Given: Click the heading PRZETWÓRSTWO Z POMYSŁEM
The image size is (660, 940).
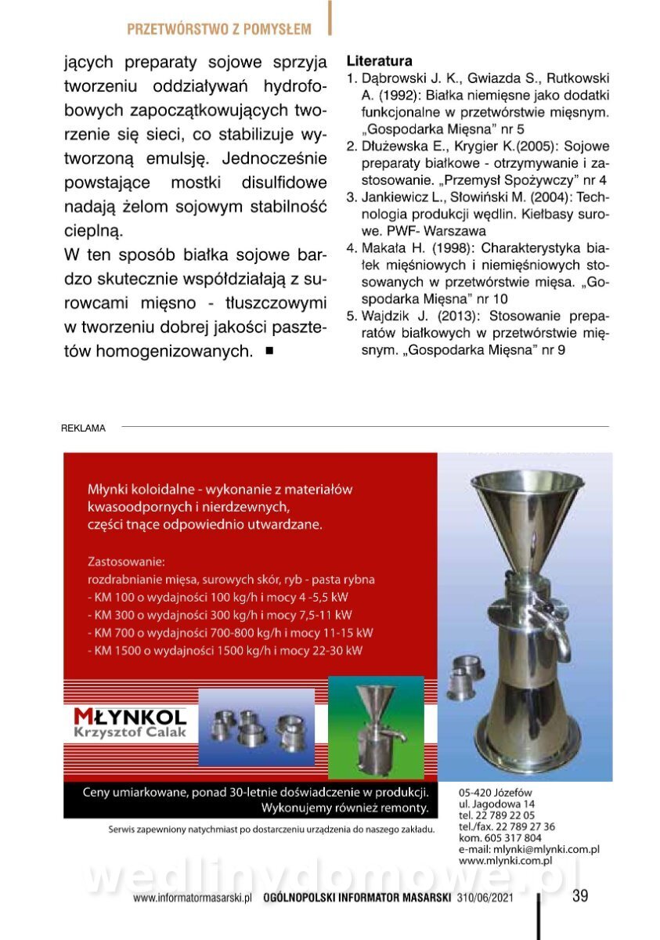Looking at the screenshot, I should click(219, 30).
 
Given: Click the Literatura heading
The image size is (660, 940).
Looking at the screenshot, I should click(379, 60).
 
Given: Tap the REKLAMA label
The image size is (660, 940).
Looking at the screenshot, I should click(83, 428).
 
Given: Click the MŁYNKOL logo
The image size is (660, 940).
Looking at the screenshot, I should click(130, 716).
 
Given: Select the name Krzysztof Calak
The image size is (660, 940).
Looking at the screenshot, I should click(130, 732).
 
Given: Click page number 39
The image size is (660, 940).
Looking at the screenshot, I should click(580, 896).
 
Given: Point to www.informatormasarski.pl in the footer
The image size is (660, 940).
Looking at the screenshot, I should click(192, 898).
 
